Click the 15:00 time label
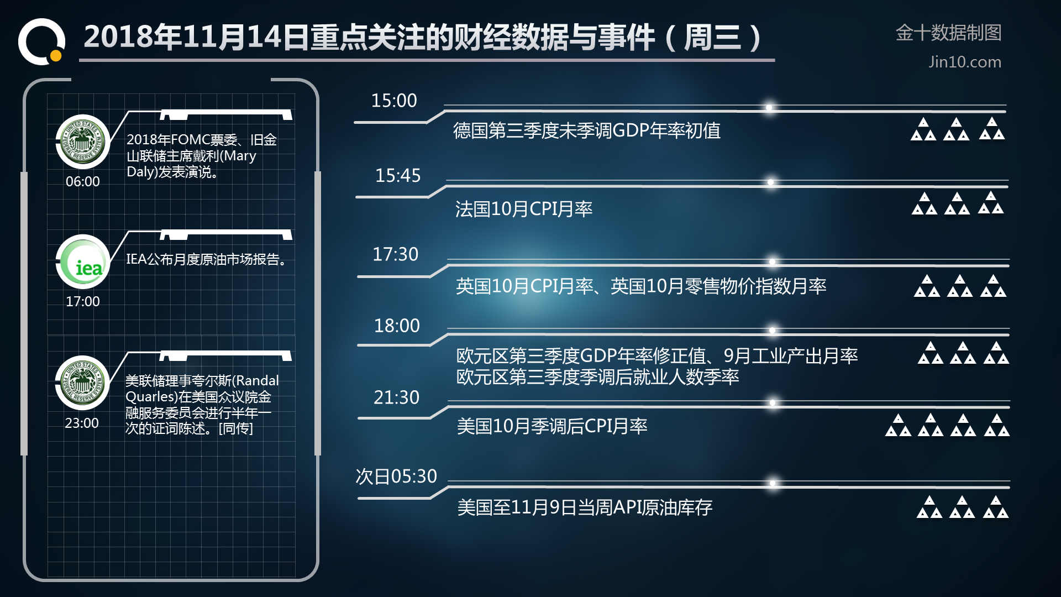394,101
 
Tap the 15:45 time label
398,176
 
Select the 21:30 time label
396,397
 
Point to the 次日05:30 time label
396,476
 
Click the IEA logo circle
83,261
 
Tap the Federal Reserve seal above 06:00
83,142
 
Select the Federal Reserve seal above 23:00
83,383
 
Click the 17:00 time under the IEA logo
83,302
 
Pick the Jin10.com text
965,62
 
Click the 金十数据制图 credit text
949,33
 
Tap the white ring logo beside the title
41,41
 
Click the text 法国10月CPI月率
524,209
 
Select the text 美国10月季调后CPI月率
552,426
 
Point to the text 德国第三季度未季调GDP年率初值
587,130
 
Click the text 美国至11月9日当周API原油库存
585,507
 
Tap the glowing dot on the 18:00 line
772,331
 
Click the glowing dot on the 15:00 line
769,107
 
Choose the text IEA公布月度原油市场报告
206,259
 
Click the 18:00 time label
397,326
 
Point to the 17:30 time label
396,254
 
